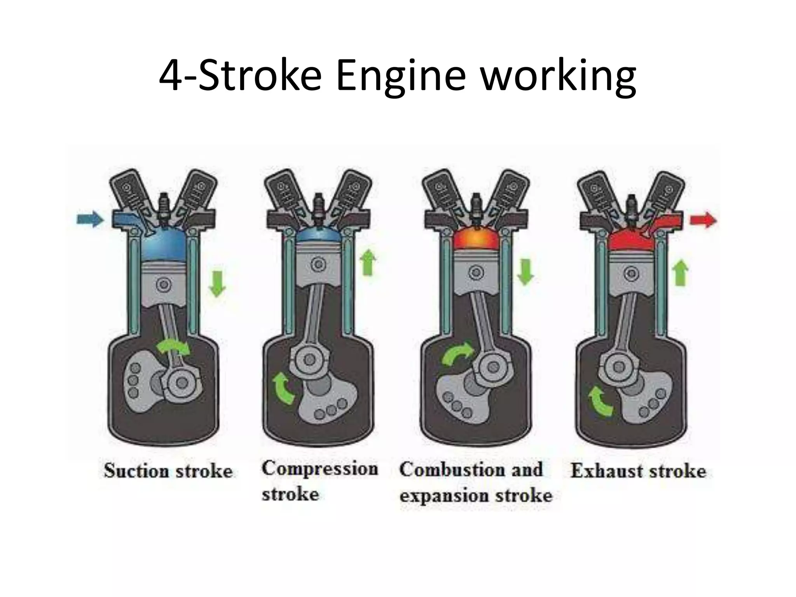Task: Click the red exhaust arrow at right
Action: click(x=703, y=220)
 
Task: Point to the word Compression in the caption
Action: click(x=319, y=468)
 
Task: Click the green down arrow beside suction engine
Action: click(x=217, y=284)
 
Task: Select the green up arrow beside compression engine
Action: click(x=368, y=263)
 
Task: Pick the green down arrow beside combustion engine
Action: click(x=525, y=272)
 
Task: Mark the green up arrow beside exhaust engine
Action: click(x=680, y=273)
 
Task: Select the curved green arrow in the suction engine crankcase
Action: click(x=175, y=348)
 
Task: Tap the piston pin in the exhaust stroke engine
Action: click(x=630, y=274)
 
